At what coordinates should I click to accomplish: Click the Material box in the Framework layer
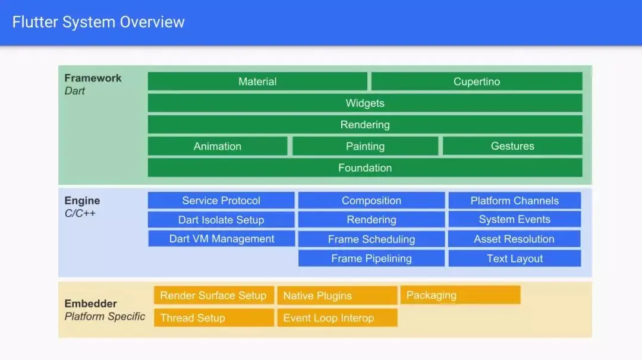tap(257, 81)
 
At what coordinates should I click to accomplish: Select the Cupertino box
tap(477, 81)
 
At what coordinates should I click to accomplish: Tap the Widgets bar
tap(365, 103)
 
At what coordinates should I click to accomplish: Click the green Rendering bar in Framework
tap(365, 125)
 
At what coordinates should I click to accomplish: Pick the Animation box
tap(218, 146)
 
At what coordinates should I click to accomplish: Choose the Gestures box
tap(512, 146)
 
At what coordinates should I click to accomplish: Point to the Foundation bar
tap(365, 168)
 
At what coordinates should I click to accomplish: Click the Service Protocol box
tap(221, 200)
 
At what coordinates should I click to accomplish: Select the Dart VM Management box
tap(222, 238)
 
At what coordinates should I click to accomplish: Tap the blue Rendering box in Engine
tap(372, 220)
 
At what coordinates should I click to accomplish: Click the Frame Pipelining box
tap(372, 258)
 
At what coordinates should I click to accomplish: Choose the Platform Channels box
tap(515, 200)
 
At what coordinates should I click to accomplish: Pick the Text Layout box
tap(515, 258)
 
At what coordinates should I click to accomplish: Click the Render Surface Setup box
tap(214, 295)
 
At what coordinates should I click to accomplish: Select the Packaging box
tap(460, 295)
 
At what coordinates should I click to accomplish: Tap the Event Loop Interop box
tap(338, 318)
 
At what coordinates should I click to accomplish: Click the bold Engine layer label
tap(82, 200)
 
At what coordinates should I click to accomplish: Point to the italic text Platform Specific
tap(105, 316)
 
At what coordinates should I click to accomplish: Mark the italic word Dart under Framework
tap(74, 91)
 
